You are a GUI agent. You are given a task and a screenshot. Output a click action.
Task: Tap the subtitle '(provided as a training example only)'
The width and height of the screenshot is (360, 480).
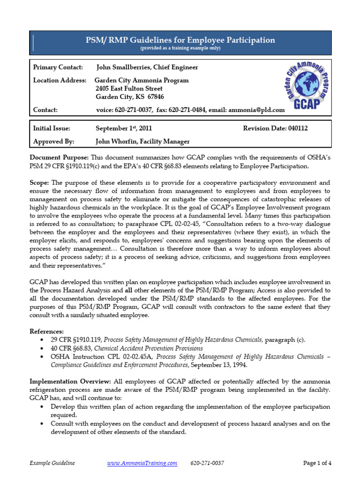(x=180, y=48)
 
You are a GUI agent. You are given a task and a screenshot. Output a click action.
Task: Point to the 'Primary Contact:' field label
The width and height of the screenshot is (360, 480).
(x=58, y=67)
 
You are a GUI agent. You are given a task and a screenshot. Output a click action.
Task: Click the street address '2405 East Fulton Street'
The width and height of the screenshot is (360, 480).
(x=129, y=89)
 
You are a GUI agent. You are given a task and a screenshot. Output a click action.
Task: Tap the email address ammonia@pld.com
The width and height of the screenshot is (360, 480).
(x=256, y=110)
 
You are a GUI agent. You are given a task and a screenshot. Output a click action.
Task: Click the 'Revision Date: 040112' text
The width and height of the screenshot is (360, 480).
(x=276, y=128)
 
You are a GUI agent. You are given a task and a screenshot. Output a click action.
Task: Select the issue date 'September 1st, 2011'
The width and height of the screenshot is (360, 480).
(x=124, y=128)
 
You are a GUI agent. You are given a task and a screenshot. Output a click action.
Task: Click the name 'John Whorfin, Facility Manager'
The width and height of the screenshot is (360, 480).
(x=143, y=141)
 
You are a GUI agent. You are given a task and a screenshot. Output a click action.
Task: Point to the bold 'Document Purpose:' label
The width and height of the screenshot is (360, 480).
(x=59, y=158)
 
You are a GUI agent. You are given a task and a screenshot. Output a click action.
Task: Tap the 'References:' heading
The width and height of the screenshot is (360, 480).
(x=47, y=331)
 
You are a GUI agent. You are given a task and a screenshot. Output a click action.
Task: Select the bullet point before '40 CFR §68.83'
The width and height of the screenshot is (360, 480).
(x=43, y=349)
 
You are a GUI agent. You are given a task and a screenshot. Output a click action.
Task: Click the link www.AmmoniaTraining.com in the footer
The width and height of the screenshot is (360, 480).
(x=142, y=463)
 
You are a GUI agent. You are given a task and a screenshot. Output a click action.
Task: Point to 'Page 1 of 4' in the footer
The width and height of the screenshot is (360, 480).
(x=317, y=463)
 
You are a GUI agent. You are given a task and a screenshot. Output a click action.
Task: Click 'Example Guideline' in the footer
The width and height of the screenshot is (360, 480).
(x=52, y=463)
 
